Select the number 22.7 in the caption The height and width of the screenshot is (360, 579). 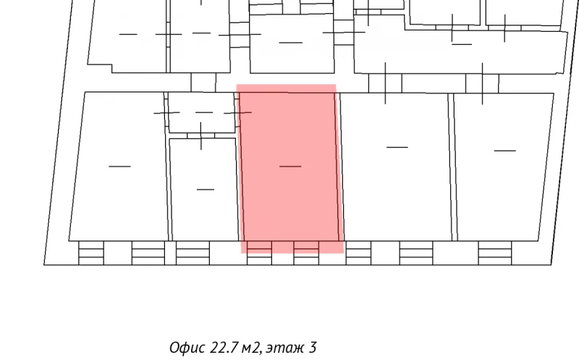tap(224, 348)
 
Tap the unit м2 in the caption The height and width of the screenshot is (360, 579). tap(250, 348)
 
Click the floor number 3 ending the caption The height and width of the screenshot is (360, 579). tap(313, 348)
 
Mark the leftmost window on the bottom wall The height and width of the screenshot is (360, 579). tap(91, 253)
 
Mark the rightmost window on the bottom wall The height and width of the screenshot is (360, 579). tap(494, 253)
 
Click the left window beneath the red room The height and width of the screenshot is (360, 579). tap(258, 253)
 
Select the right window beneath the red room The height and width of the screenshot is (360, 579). tap(306, 253)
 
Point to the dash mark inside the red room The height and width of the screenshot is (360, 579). tap(289, 167)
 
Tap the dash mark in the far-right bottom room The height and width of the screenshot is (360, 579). tap(504, 151)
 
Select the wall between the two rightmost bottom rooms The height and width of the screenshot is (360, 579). tap(452, 167)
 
